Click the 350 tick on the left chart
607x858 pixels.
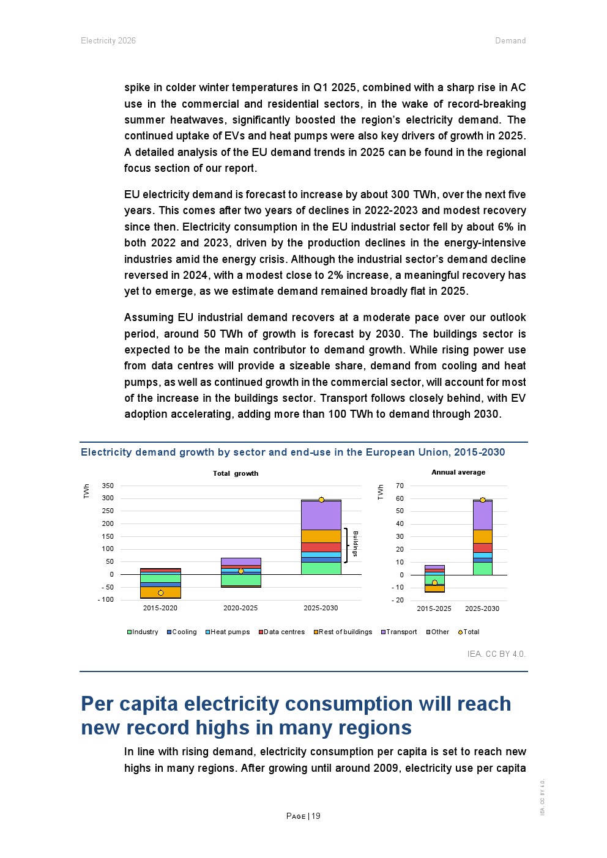tap(108, 486)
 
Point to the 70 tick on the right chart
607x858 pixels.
tap(400, 486)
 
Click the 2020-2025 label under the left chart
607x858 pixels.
tap(240, 608)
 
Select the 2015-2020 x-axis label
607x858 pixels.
tap(160, 608)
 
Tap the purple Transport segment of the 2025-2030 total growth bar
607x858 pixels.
tap(321, 516)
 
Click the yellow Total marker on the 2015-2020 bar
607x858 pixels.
tap(161, 593)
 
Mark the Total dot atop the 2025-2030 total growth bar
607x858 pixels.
tap(321, 500)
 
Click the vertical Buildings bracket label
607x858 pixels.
tap(355, 544)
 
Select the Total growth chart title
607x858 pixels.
tap(236, 473)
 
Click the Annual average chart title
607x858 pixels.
tap(458, 472)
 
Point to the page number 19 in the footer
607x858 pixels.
tap(316, 816)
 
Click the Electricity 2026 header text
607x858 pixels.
tap(108, 41)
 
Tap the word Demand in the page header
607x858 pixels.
tap(510, 41)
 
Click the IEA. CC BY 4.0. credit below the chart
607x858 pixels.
tap(496, 654)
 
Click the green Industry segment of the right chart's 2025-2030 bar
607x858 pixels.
tap(482, 569)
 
